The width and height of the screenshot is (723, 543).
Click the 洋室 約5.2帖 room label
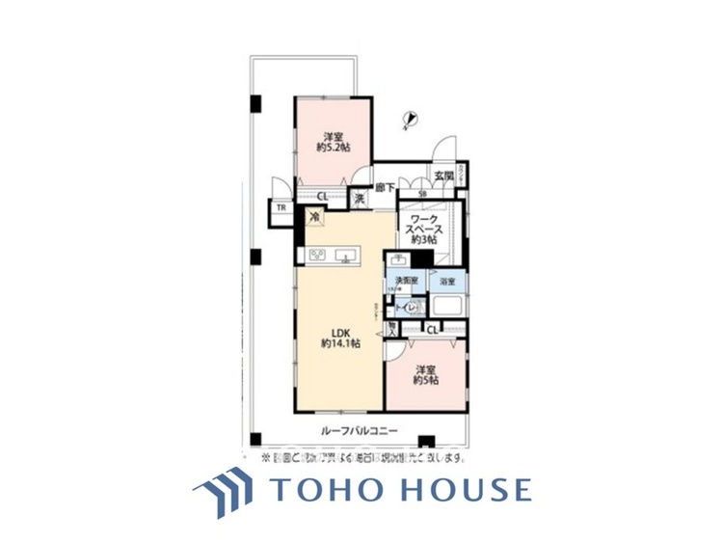pos(333,142)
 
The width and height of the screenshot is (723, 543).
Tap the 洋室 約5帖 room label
pos(427,376)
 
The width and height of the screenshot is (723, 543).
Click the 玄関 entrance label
pos(442,176)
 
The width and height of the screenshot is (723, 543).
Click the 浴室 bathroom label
pos(446,282)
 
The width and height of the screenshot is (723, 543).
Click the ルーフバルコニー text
pos(354,431)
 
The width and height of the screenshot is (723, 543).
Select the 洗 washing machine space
pos(358,198)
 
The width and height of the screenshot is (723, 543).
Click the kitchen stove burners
pos(316,256)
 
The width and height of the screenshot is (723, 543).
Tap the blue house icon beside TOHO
pos(224,491)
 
